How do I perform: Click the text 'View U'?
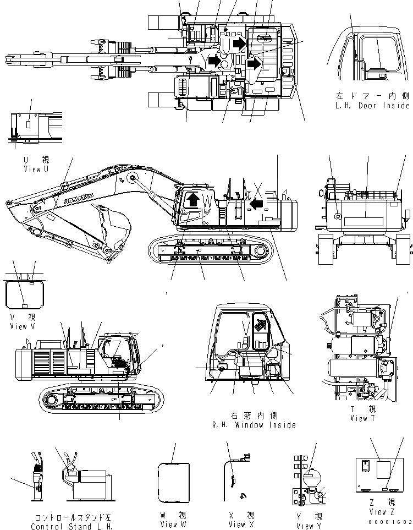click(x=36, y=170)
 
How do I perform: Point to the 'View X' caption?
click(x=237, y=524)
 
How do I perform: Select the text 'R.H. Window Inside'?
click(x=254, y=425)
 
